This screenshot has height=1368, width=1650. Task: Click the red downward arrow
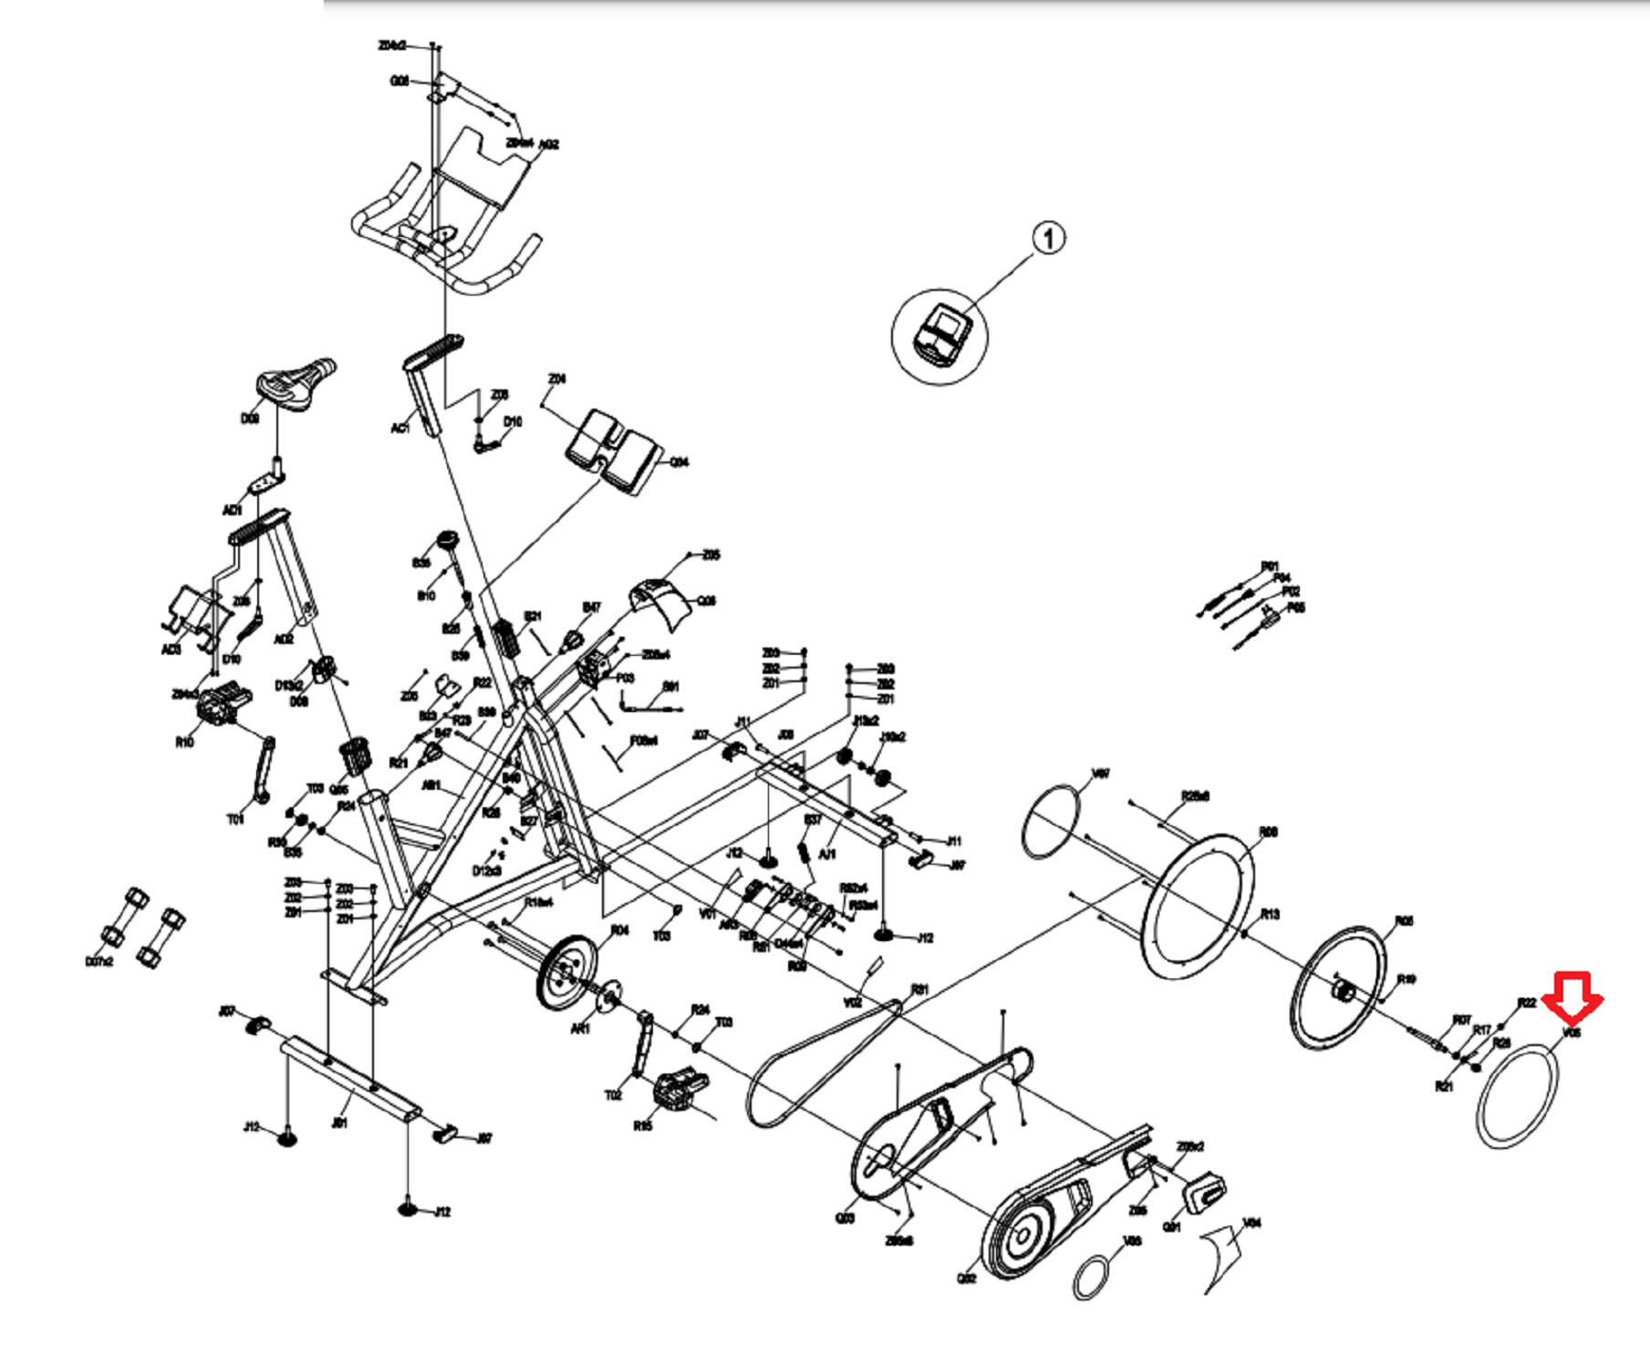1572,998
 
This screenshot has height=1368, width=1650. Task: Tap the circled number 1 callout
1049,239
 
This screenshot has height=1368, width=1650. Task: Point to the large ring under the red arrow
1517,1094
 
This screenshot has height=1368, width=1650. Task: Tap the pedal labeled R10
222,703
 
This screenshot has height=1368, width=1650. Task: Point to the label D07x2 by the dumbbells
99,962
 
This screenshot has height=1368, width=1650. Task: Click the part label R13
1270,914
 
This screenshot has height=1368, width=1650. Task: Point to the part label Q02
967,1279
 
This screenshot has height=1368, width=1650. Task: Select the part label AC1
400,428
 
